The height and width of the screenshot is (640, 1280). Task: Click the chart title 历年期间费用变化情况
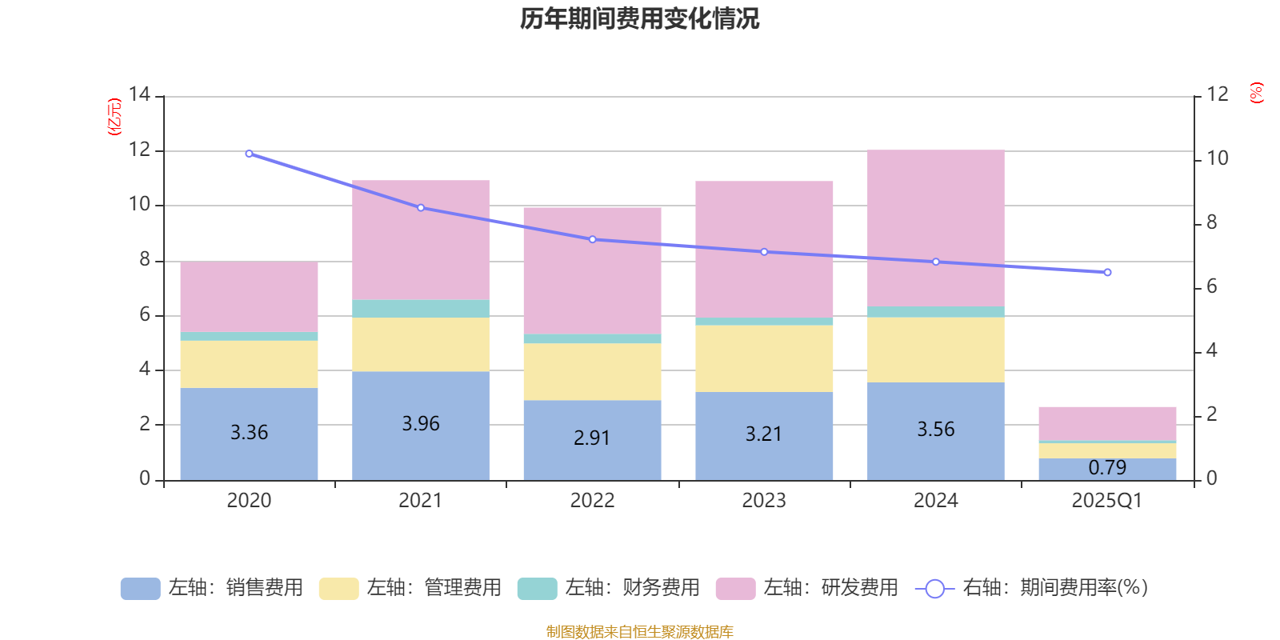639,18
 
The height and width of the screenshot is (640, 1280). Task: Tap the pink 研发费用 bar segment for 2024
935,228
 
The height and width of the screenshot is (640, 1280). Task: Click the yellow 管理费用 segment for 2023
764,358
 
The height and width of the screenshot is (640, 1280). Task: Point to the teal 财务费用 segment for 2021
421,309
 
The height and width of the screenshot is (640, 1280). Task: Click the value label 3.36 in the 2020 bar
249,433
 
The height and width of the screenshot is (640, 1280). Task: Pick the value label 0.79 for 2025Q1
1107,467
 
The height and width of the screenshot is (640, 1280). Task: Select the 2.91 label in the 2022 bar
592,438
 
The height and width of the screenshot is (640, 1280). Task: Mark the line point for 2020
249,154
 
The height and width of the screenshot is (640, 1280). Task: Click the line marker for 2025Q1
1107,273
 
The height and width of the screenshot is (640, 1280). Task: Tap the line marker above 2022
592,239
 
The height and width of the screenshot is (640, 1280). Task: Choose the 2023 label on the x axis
764,501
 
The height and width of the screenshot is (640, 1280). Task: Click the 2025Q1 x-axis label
1107,501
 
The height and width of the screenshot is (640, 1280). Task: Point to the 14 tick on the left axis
139,95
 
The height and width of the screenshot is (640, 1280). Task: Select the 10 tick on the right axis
1218,158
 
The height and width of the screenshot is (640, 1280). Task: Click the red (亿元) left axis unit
114,117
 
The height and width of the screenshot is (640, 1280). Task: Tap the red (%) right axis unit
1257,93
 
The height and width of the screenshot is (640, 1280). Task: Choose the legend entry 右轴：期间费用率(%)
1032,588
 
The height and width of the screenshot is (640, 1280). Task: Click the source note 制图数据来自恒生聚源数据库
639,632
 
